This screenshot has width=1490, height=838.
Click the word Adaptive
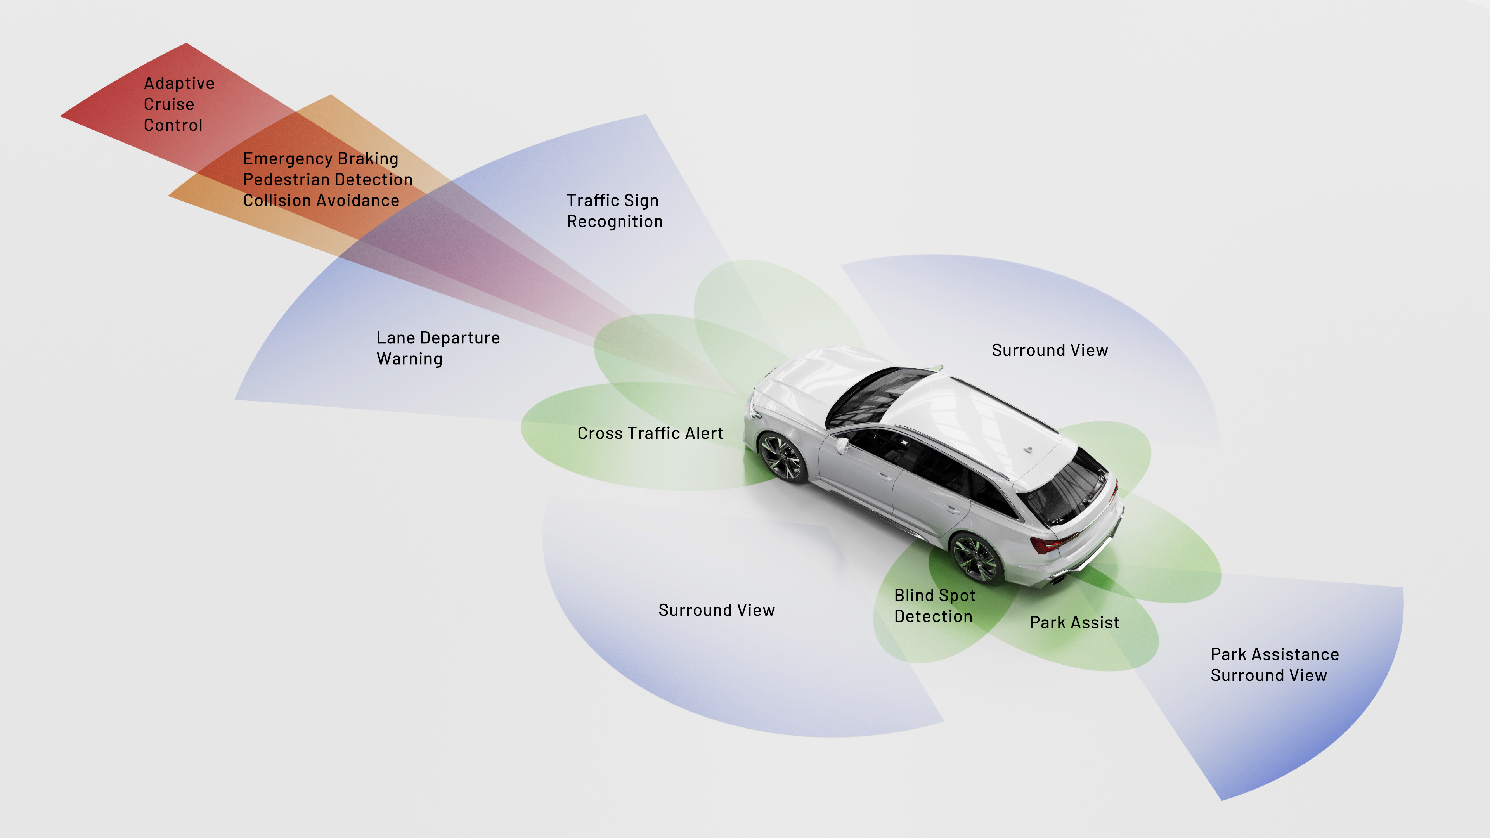179,84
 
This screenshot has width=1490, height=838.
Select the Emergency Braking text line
321,158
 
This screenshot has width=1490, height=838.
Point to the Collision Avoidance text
321,201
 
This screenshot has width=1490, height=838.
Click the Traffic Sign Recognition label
614,211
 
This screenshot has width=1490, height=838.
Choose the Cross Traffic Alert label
650,433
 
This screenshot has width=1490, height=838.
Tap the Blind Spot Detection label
934,606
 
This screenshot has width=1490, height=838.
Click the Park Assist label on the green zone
1074,623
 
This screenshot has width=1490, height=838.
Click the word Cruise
169,105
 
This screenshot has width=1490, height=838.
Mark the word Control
173,125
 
